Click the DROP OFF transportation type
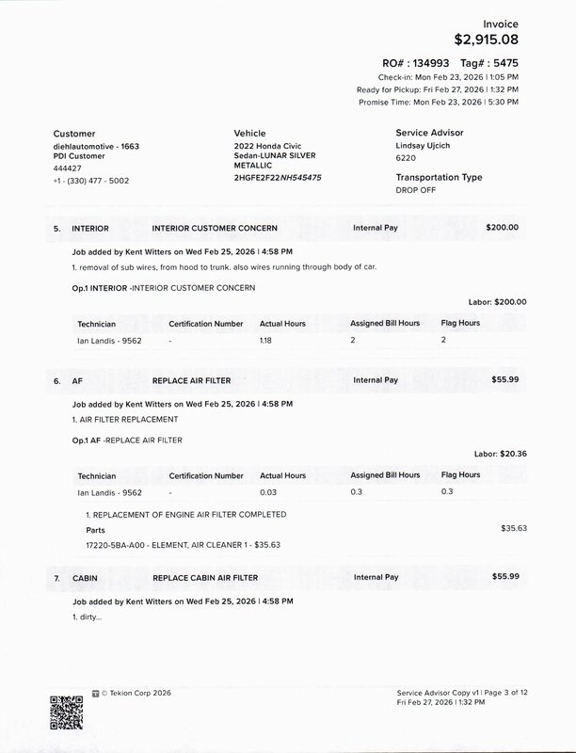417,189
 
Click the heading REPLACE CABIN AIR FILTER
204,576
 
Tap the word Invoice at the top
500,22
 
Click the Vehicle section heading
249,134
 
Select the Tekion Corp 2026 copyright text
136,692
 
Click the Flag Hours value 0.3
446,491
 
